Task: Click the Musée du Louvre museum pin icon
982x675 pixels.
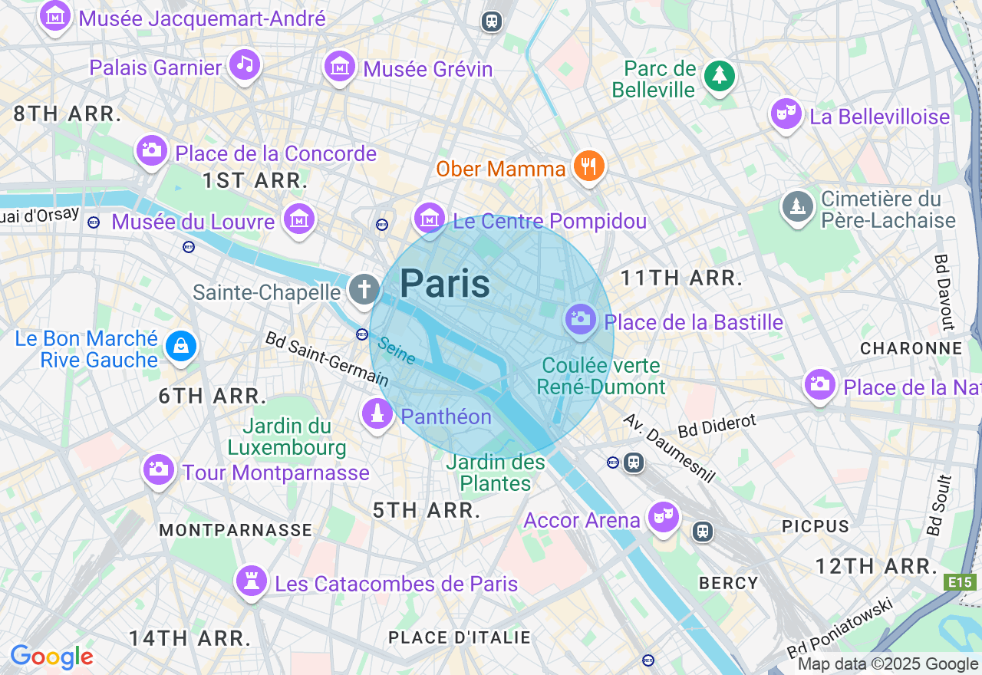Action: pos(299,219)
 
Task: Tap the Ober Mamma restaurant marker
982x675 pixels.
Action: pos(588,166)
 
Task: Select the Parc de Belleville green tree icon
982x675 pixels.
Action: pos(719,75)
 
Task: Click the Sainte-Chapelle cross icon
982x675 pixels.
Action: pos(364,290)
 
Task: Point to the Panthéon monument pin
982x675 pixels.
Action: pos(376,415)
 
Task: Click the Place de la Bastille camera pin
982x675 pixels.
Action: pos(581,318)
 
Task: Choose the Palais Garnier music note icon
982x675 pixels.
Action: pos(244,64)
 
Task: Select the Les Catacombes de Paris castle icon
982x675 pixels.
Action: pos(250,581)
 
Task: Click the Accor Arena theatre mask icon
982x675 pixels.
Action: pos(661,517)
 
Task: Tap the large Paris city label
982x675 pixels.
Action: pos(445,284)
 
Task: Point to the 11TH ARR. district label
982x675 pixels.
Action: pos(681,278)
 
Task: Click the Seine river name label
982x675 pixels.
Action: pos(397,351)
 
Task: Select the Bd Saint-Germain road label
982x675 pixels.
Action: pos(327,358)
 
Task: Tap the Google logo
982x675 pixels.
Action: pos(51,657)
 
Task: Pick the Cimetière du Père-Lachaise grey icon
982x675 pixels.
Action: pos(797,206)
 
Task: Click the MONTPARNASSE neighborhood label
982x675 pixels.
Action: pos(236,530)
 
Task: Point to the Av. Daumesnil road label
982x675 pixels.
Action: pos(669,449)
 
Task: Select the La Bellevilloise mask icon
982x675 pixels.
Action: pos(786,114)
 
